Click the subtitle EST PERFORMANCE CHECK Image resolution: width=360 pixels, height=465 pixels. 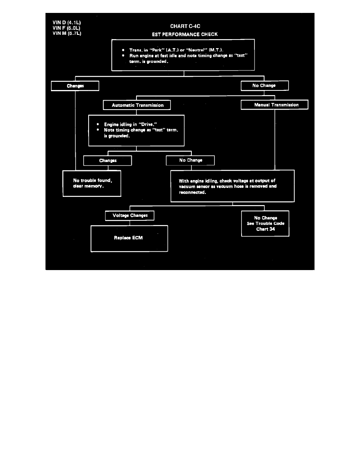185,34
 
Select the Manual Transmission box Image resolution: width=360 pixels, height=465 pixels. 275,105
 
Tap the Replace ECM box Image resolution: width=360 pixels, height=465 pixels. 129,238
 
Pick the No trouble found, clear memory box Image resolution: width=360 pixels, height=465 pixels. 92,183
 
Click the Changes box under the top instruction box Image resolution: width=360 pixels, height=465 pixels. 75,85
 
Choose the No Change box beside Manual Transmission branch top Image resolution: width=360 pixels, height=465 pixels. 265,85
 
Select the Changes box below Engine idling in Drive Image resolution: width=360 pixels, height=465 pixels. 107,160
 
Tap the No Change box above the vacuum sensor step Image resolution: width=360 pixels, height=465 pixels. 190,160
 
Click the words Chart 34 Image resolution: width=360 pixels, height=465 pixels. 265,229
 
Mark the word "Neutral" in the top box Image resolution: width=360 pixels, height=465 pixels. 198,50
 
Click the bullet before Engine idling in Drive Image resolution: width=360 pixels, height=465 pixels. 98,124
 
